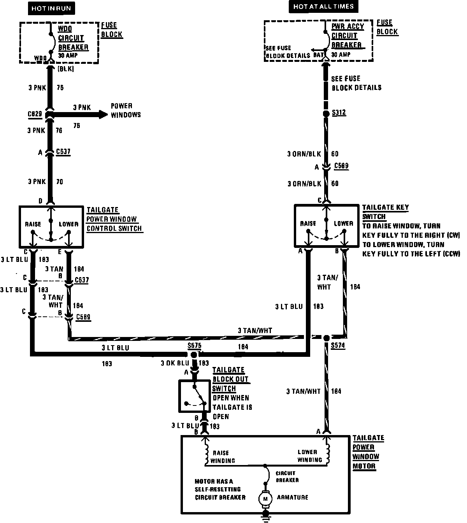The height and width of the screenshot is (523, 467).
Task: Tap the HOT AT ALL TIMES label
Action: pos(323,7)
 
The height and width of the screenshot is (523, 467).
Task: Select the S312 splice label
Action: pos(339,113)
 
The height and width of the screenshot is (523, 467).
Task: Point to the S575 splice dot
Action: pos(193,355)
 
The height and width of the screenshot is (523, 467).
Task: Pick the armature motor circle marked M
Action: pos(266,498)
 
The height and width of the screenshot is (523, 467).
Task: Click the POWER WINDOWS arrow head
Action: pos(103,114)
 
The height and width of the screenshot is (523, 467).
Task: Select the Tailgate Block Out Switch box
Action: pos(193,396)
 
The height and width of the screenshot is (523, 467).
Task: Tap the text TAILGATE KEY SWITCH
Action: pos(385,212)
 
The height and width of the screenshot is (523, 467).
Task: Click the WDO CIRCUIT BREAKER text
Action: pos(73,38)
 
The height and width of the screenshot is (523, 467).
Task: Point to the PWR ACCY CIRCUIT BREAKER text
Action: pos(347,35)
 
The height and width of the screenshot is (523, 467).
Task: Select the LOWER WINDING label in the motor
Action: pos(309,456)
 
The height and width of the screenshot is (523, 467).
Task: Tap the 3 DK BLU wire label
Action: pos(175,363)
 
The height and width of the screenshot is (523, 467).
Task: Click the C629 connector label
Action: pos(35,114)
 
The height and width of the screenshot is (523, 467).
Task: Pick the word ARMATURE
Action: pos(292,497)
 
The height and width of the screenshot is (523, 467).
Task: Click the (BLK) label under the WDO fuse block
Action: pos(65,69)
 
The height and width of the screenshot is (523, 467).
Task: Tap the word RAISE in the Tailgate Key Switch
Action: pos(308,224)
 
